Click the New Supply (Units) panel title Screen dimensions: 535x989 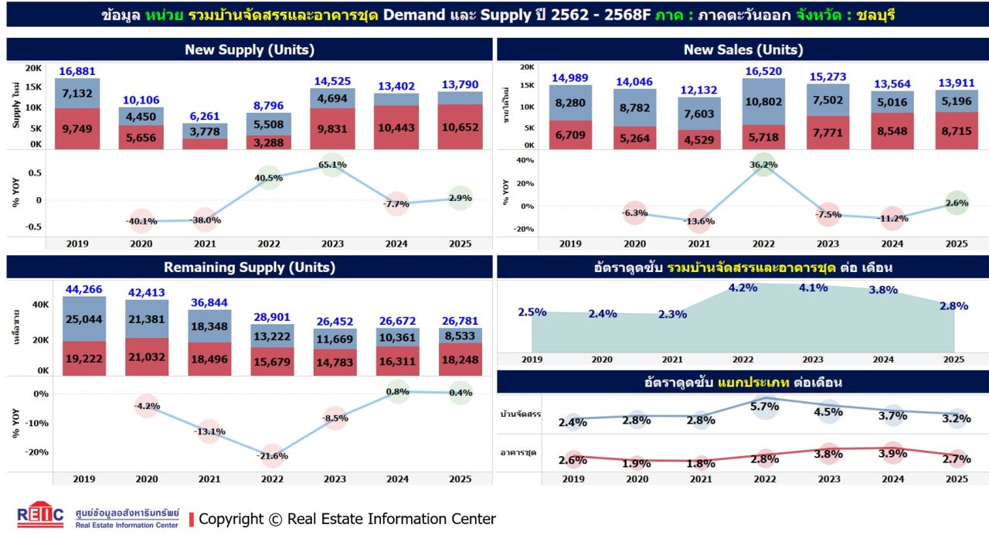[x=249, y=49]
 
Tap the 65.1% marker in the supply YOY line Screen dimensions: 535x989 [x=332, y=165]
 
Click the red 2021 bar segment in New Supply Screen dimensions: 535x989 [x=205, y=144]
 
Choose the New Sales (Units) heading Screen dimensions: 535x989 [x=743, y=49]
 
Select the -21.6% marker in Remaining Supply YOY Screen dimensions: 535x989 [x=271, y=455]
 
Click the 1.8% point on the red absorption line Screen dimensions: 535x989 [x=700, y=463]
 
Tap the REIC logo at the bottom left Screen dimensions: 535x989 [x=40, y=516]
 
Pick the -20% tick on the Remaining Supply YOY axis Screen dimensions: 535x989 [x=38, y=452]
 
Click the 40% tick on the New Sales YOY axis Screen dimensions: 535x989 [x=525, y=161]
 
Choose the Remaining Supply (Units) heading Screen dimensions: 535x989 [x=249, y=267]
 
